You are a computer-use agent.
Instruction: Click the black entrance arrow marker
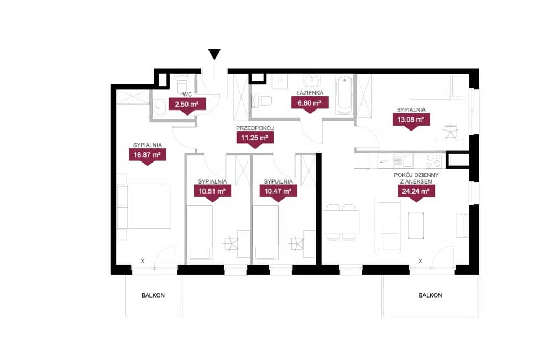215,54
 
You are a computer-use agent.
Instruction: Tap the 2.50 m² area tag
187,105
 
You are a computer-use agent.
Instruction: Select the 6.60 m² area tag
310,104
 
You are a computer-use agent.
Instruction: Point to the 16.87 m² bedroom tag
147,155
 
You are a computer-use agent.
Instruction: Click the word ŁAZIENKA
310,93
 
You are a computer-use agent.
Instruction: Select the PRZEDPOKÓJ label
255,128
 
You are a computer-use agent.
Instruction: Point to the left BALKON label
153,295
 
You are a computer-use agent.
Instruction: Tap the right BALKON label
430,295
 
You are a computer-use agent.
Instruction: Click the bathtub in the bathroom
345,95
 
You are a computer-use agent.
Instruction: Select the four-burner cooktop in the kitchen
434,161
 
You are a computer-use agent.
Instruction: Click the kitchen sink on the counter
403,161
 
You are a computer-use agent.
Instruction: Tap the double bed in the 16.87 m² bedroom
144,207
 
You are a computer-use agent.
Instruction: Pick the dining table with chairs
341,222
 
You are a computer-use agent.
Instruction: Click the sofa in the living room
388,226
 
